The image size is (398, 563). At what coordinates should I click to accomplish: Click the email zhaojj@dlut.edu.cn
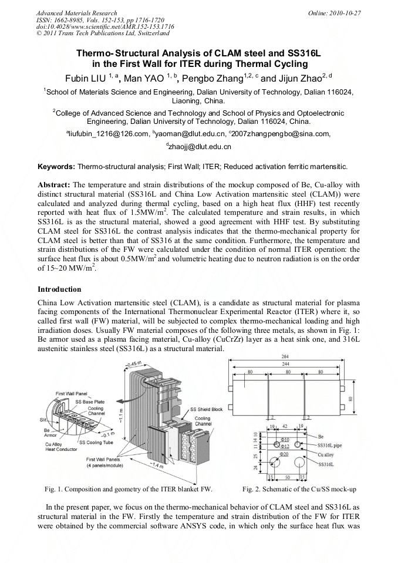201,147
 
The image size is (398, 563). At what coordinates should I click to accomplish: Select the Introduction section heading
59,289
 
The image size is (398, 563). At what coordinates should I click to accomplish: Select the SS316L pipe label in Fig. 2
330,446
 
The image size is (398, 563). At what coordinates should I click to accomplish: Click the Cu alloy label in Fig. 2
327,454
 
